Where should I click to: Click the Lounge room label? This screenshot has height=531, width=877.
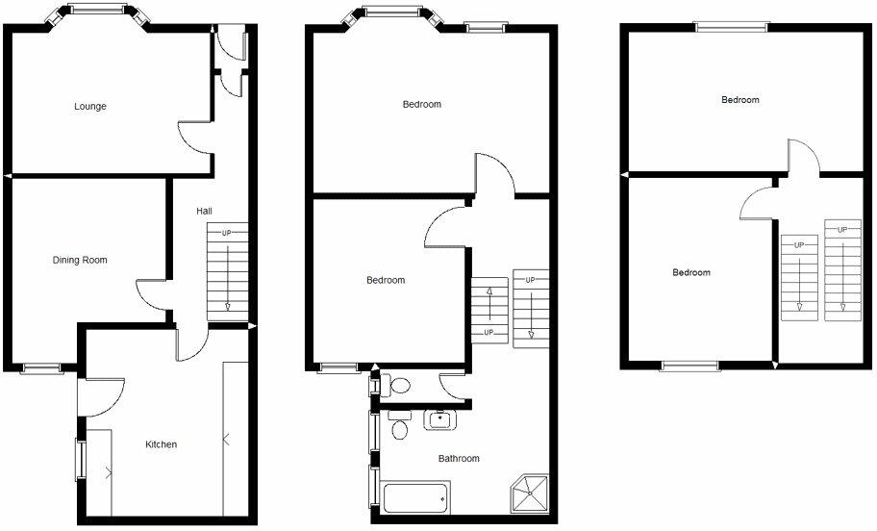(90, 106)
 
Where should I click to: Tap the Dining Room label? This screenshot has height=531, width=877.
(80, 260)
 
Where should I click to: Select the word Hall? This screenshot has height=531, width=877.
(205, 211)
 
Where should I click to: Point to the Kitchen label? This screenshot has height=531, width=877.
(161, 444)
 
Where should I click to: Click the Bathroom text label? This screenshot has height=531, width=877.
(459, 459)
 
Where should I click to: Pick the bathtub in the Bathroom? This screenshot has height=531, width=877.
(415, 498)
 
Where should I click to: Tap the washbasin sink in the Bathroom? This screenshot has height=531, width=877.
(439, 419)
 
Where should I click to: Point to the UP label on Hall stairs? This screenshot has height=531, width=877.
(227, 233)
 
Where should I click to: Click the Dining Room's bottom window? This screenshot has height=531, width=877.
(41, 367)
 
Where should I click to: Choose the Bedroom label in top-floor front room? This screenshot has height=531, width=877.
(740, 100)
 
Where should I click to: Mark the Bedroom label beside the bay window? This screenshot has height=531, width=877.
(422, 104)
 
